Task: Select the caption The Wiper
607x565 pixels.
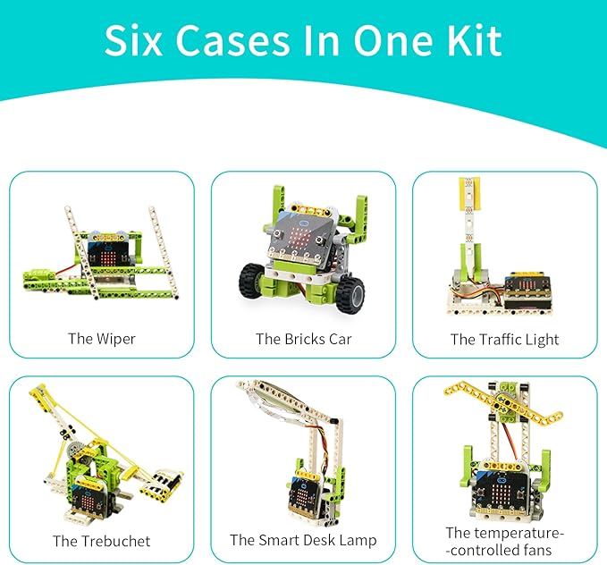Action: pyautogui.click(x=101, y=339)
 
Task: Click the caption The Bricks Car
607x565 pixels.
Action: pyautogui.click(x=303, y=339)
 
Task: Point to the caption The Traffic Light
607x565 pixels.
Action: pyautogui.click(x=504, y=339)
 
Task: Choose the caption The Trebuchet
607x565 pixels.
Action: pyautogui.click(x=101, y=541)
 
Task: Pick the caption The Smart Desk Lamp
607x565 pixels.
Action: pyautogui.click(x=303, y=540)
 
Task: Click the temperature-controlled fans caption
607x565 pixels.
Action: pyautogui.click(x=504, y=541)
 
